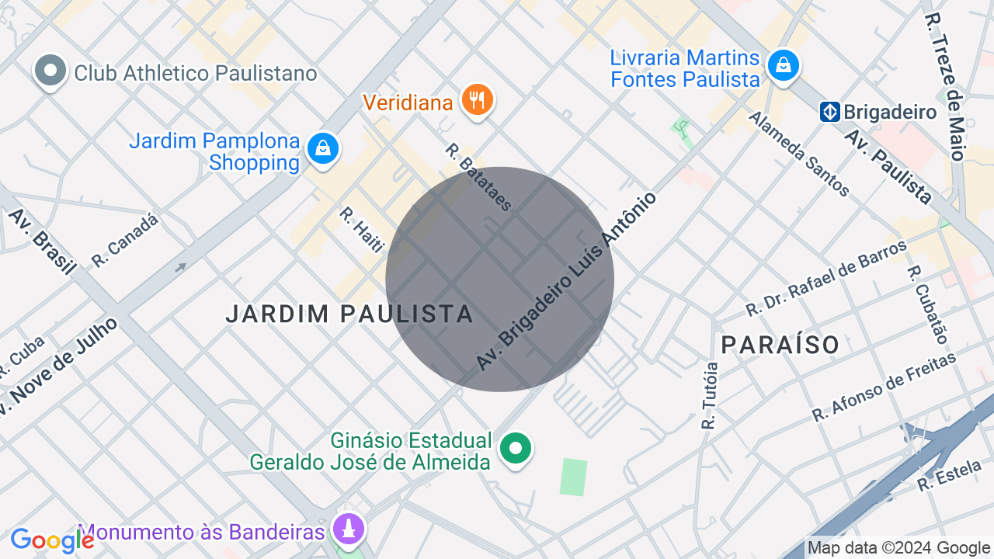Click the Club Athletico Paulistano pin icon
(50, 71)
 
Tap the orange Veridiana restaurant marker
(477, 100)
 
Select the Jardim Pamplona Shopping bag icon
(322, 148)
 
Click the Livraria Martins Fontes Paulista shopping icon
(784, 66)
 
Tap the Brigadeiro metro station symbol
(829, 113)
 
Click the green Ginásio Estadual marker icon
(515, 448)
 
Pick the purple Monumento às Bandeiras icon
(349, 529)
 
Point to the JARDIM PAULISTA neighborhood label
(349, 314)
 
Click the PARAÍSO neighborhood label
(780, 344)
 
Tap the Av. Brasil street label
(43, 241)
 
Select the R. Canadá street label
(125, 241)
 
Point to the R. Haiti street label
(362, 229)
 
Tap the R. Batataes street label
(479, 177)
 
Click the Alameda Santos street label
(799, 153)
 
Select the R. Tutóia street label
(709, 395)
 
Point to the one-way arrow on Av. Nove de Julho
(181, 267)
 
